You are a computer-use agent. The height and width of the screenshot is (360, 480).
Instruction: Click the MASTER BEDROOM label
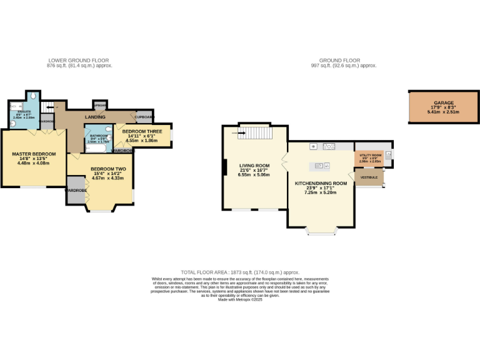pos(34,154)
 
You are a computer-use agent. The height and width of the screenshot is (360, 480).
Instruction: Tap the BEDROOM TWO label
pos(108,169)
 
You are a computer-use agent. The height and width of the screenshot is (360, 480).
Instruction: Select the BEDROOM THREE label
pos(142,131)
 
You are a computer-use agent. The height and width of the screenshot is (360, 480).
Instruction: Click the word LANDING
pos(95,117)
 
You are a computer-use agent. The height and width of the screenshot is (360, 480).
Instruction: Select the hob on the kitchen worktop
pos(329,147)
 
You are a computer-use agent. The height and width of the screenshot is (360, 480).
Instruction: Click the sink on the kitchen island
pos(319,166)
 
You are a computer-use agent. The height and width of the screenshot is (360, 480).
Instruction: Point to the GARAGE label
pos(444,103)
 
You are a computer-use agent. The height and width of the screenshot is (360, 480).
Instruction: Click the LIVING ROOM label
pos(254,166)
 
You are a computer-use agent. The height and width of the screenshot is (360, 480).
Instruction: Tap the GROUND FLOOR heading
pos(344,61)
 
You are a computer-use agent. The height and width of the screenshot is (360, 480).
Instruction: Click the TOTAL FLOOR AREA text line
pos(240,272)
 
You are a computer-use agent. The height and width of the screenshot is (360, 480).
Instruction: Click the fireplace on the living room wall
pos(224,167)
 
